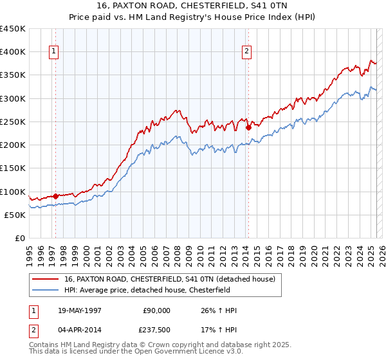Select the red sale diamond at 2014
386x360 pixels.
(248, 127)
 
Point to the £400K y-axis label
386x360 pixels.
(13, 52)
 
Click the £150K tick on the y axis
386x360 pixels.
(13, 168)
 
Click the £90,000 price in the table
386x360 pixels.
(156, 310)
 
